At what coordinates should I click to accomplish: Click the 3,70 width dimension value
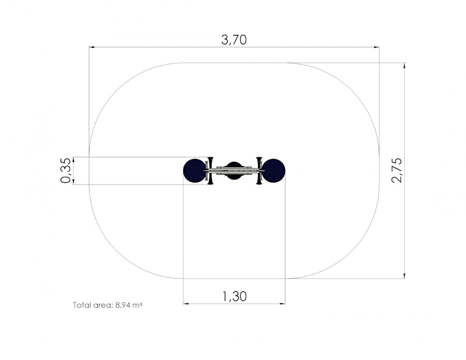point(234,40)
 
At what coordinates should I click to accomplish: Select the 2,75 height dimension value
point(397,170)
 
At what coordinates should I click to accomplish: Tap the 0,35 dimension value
point(66,170)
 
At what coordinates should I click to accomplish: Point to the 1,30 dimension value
point(235,297)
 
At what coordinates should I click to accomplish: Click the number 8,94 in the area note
point(122,305)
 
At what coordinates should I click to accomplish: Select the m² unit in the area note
point(137,305)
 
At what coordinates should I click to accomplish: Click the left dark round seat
point(195,171)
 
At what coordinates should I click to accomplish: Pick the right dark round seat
point(273,171)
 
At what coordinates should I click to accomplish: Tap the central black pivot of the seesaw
point(234,171)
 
